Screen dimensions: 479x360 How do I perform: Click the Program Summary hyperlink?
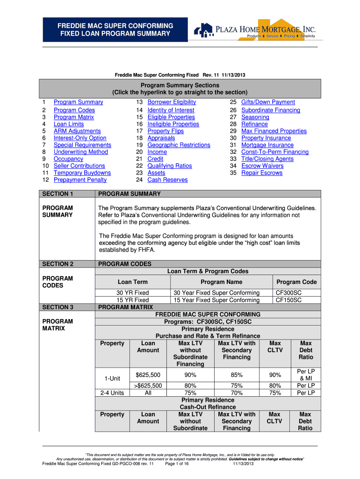(78, 102)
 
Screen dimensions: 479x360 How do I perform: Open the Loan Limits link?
(69, 124)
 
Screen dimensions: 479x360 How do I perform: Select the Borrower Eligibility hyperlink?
(172, 102)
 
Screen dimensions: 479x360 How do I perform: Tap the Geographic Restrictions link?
(179, 145)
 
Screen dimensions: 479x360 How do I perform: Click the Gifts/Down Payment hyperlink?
(268, 102)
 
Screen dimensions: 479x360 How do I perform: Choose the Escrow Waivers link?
(262, 166)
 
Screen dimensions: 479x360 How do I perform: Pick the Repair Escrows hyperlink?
(262, 173)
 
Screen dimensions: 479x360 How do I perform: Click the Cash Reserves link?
(167, 180)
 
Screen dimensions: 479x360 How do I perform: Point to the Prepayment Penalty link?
(80, 180)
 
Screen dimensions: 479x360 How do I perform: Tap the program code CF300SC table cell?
(288, 293)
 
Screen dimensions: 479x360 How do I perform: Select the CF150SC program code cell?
(288, 300)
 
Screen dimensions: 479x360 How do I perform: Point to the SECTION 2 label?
(58, 264)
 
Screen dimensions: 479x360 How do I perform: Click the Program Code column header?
(296, 282)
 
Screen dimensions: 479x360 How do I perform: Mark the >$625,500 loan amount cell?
(148, 385)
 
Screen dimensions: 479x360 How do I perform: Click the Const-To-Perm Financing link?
(275, 152)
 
